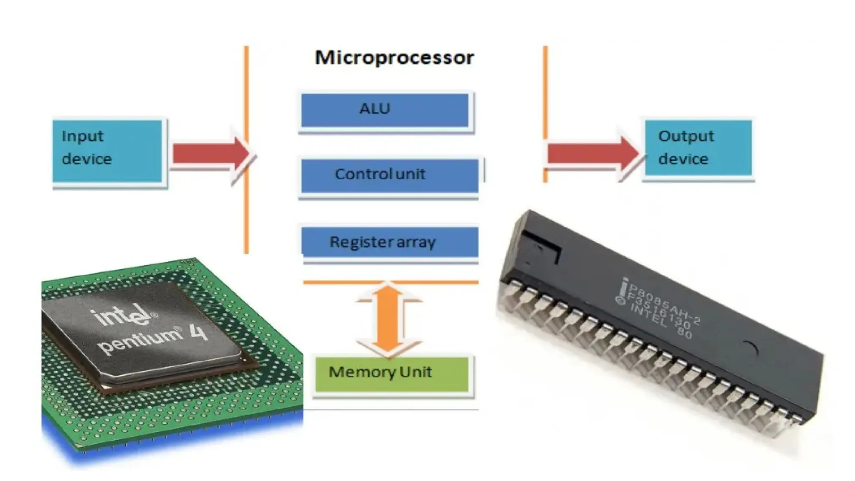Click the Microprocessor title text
click(x=394, y=58)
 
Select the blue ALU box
click(x=384, y=110)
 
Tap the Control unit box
click(x=390, y=175)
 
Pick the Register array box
click(x=390, y=242)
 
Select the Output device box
click(x=698, y=148)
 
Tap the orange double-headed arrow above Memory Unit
click(x=388, y=319)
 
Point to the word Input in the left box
click(x=82, y=136)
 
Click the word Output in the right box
click(x=686, y=136)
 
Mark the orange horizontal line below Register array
click(x=390, y=283)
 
